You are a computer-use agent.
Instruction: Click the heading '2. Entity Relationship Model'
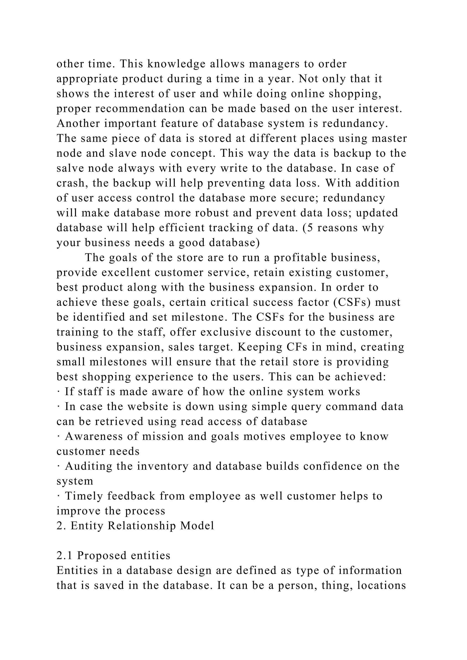[135, 526]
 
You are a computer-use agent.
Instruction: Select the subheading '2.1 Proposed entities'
[113, 555]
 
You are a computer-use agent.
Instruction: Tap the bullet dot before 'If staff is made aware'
[58, 392]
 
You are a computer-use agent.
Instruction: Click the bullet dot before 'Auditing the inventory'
[58, 466]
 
